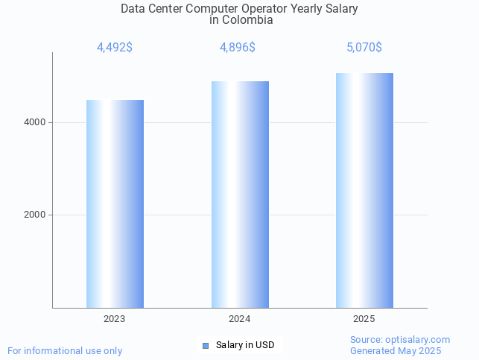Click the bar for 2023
115,203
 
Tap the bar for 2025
364,190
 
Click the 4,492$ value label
115,48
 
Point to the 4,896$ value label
238,48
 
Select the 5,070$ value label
364,48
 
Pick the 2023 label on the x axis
115,319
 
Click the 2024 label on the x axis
240,319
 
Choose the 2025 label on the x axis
364,319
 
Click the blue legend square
206,345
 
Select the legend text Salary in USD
245,345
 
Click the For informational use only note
65,350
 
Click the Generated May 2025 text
396,351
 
